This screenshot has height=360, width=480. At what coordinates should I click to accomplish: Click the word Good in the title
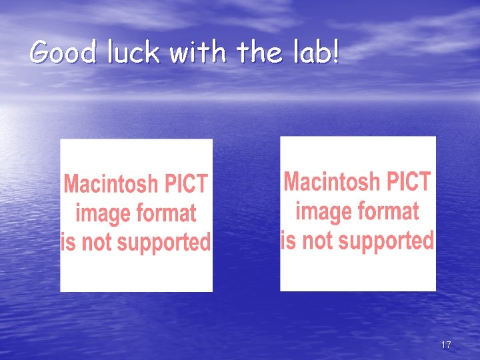pos(63,52)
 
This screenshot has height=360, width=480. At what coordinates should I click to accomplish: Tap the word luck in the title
pos(131,52)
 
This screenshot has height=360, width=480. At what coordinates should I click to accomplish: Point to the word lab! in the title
pos(313,52)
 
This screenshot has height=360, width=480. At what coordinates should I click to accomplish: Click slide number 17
pos(446,345)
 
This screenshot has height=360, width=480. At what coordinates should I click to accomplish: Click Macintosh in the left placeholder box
pos(111,184)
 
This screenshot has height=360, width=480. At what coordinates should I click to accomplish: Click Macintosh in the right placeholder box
pos(331,181)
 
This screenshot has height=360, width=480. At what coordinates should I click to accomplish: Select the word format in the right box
pos(388,211)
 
